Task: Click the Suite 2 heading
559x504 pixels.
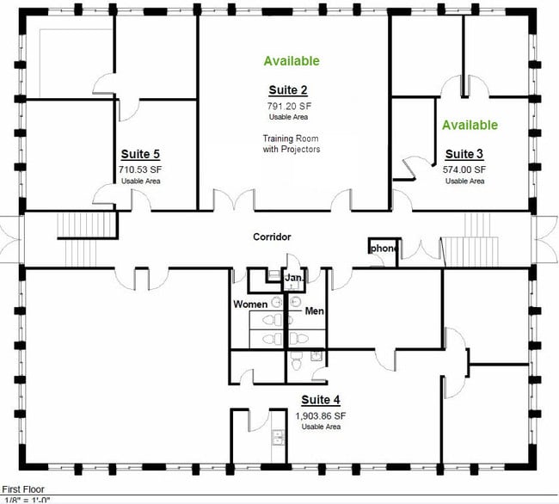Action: click(x=288, y=90)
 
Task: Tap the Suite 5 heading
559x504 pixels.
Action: click(x=140, y=154)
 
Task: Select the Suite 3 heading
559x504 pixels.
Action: click(x=464, y=154)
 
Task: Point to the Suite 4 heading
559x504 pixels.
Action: click(x=321, y=400)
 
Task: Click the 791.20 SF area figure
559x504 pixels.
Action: click(x=289, y=106)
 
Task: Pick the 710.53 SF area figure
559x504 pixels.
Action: click(x=140, y=169)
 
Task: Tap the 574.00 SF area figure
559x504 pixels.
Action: click(x=464, y=169)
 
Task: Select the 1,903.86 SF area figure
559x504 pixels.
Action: click(x=321, y=415)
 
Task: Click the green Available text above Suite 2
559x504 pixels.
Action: click(x=292, y=61)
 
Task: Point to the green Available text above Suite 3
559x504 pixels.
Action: click(x=470, y=125)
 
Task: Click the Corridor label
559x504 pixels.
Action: click(x=272, y=237)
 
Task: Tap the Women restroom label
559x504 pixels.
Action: click(x=250, y=304)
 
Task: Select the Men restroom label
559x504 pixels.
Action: click(x=315, y=311)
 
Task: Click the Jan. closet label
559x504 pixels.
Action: click(x=294, y=277)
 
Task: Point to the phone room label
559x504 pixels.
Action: click(x=384, y=248)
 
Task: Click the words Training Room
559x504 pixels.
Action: click(x=291, y=138)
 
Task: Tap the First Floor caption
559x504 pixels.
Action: click(x=23, y=489)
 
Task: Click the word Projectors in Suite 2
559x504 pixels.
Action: click(x=300, y=149)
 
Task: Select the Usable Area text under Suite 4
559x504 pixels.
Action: click(x=321, y=427)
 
